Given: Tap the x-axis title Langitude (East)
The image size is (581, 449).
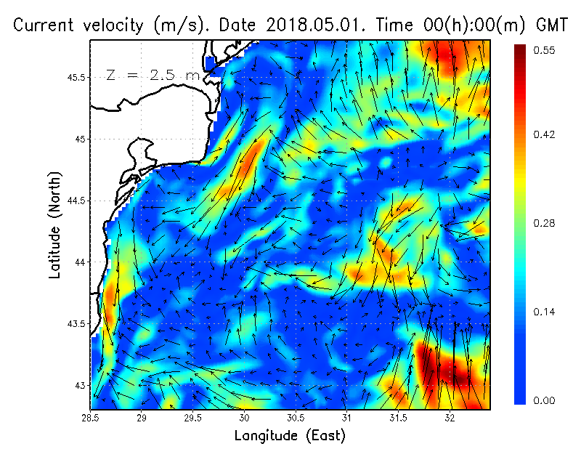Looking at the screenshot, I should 290,436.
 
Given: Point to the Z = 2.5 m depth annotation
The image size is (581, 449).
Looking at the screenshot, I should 153,75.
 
